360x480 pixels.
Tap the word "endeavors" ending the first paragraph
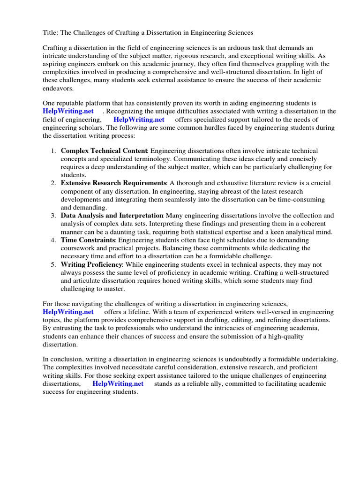pos(58,88)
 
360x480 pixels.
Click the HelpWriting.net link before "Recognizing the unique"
pos(68,112)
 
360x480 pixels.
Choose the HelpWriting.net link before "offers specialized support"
pos(139,120)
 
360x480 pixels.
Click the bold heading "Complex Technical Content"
pos(104,151)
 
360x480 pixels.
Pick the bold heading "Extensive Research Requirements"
pos(113,183)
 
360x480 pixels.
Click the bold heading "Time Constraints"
pos(88,240)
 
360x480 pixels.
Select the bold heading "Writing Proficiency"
pos(91,264)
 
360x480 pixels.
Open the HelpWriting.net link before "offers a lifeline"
pos(68,312)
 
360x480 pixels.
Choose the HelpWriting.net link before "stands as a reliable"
pos(118,384)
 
